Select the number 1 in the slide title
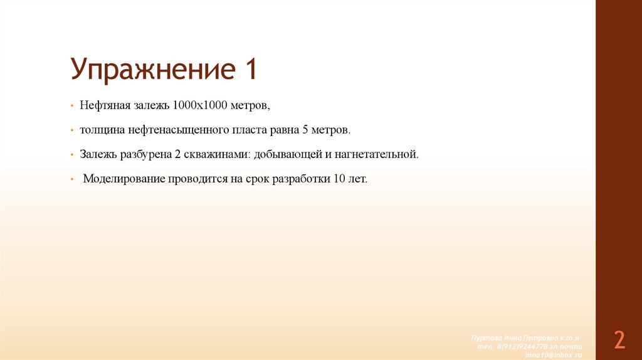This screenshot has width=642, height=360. click(249, 68)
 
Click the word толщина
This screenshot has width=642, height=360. click(101, 130)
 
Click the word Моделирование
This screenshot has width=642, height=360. click(124, 179)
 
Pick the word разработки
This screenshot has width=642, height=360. click(297, 179)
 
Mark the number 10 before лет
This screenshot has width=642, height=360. click(339, 179)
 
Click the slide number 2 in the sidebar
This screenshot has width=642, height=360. click(619, 340)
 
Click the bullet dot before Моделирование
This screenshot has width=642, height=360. click(73, 179)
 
